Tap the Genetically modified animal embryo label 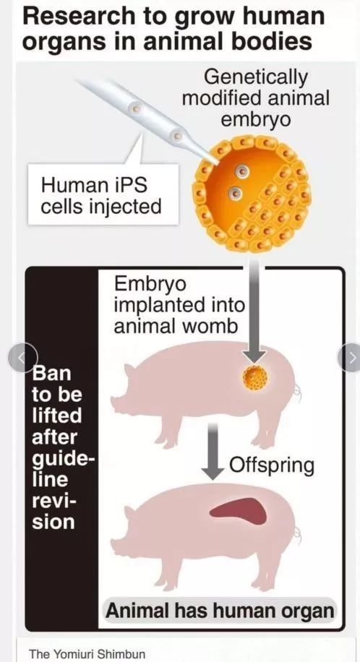(x=255, y=98)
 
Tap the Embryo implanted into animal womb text (x=179, y=305)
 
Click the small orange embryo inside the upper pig (x=255, y=377)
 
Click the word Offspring (x=272, y=465)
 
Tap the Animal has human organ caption (x=220, y=611)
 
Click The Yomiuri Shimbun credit (x=87, y=654)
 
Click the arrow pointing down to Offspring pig (x=214, y=451)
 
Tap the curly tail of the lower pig (x=298, y=536)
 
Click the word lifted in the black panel (x=57, y=416)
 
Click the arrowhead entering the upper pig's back (x=255, y=356)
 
